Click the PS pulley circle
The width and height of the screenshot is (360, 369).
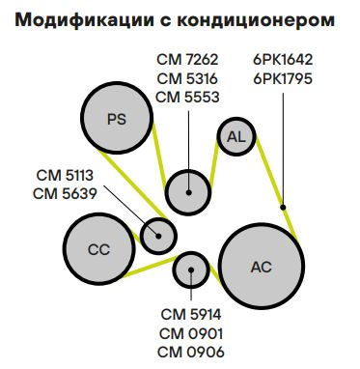pos(117,119)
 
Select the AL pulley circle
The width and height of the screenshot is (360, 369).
pos(235,137)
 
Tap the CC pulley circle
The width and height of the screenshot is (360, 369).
pos(99,249)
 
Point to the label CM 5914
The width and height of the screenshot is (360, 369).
pos(191,314)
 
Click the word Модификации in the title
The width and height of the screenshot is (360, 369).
pos(78,18)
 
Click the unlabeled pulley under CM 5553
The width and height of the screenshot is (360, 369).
pos(188,191)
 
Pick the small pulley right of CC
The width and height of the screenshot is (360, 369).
pos(159,233)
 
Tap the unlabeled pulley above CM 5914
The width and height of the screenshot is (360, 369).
pos(191,270)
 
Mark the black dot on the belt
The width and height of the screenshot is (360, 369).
pos(283,206)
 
